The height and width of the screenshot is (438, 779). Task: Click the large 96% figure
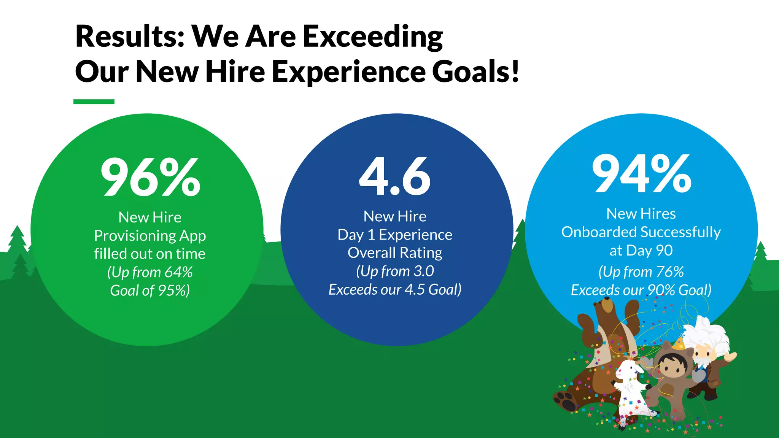tap(150, 177)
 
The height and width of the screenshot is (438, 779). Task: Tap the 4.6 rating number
tap(395, 176)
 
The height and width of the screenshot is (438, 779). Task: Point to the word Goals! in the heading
tap(475, 71)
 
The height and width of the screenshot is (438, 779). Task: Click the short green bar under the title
tap(94, 102)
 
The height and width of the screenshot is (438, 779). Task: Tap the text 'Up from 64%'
tap(150, 272)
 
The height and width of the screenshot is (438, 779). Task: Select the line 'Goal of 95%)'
tap(150, 290)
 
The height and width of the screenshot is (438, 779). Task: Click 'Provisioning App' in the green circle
tap(150, 236)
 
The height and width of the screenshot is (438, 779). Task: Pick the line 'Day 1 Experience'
tap(395, 235)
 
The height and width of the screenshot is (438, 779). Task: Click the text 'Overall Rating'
tap(395, 253)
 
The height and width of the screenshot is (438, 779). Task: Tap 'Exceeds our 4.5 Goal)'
tap(395, 290)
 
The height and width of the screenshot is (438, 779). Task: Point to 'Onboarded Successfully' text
tap(641, 232)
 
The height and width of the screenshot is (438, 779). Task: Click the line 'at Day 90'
tap(641, 251)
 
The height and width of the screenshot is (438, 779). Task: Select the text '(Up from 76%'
tap(641, 272)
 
